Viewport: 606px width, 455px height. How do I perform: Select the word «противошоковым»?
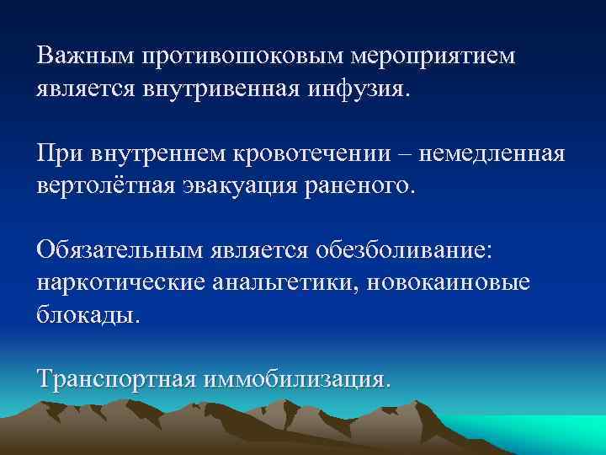pyautogui.click(x=245, y=56)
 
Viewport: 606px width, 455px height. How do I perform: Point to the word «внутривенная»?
pyautogui.click(x=244, y=88)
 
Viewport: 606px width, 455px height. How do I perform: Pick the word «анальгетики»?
pyautogui.click(x=285, y=282)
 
